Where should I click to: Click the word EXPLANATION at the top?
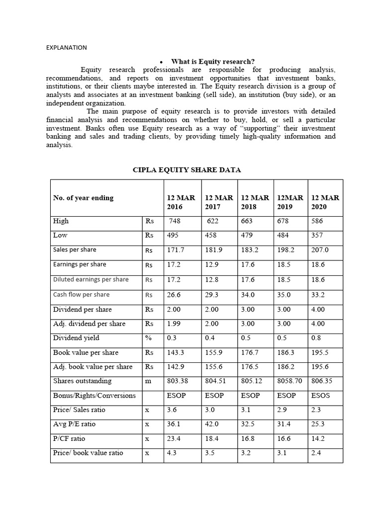click(66, 48)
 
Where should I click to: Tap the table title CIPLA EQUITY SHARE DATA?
click(187, 170)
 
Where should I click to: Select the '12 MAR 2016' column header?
click(181, 202)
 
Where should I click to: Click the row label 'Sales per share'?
click(75, 250)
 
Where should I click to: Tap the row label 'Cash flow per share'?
click(81, 294)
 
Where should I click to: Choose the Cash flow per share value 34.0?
click(247, 295)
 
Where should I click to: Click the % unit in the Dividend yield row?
click(148, 338)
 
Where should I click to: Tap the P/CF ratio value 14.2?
click(317, 439)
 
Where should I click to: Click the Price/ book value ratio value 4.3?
click(172, 453)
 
